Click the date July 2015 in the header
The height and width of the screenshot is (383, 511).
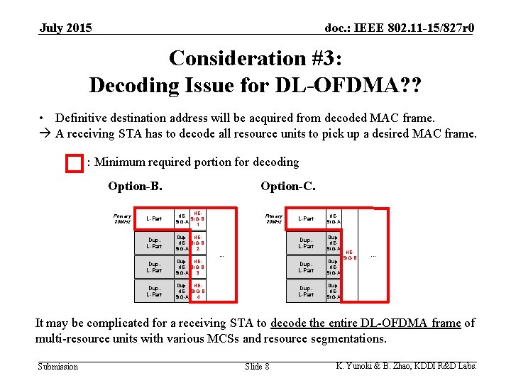tap(65, 28)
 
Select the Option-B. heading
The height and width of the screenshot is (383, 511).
tap(135, 187)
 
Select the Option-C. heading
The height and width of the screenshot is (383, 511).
tap(288, 187)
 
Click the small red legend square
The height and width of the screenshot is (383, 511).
tap(74, 163)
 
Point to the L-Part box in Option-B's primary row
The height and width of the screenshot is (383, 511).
tap(153, 218)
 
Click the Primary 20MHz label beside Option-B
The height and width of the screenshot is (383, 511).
tap(122, 218)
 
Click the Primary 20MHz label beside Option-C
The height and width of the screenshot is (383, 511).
tap(274, 218)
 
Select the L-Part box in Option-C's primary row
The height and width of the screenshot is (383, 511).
tap(306, 218)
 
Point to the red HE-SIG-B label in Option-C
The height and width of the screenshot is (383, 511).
tap(349, 255)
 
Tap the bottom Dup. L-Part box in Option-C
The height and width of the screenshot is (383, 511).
tap(306, 291)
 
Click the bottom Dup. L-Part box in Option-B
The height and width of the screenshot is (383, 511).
tap(153, 291)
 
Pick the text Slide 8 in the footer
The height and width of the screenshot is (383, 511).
tap(256, 367)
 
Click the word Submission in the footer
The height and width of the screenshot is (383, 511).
tap(57, 367)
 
